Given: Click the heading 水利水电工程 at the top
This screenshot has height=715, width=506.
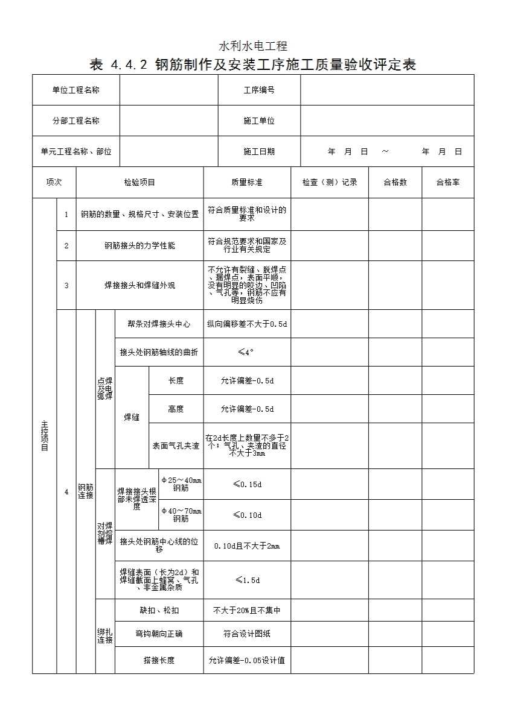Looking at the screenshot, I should click(x=252, y=46).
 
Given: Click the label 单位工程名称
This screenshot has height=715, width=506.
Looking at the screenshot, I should click(x=75, y=90).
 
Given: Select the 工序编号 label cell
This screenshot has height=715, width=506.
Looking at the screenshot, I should click(x=259, y=90).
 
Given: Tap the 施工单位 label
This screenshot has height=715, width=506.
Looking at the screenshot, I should click(x=259, y=121).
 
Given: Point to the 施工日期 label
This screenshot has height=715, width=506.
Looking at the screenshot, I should click(x=259, y=151).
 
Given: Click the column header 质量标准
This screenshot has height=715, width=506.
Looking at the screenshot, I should click(x=246, y=182).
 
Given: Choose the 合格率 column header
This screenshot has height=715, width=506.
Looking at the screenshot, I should click(x=447, y=182).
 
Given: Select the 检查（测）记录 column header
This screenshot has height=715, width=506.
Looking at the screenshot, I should click(x=330, y=182).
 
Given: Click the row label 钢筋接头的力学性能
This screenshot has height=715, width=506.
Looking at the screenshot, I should click(x=139, y=245).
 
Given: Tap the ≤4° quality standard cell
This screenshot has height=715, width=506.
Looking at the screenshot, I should click(x=246, y=352).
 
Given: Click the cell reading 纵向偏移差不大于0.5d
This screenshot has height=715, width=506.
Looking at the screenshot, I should click(x=246, y=324).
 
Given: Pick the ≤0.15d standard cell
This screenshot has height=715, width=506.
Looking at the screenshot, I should click(x=246, y=484).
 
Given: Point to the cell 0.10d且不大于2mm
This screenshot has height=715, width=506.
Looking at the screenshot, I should click(x=246, y=546).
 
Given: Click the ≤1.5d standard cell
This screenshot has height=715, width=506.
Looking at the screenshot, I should click(x=246, y=580).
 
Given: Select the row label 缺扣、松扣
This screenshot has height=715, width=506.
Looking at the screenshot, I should click(x=159, y=610).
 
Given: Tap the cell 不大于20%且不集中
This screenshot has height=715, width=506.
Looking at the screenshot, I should click(x=246, y=610).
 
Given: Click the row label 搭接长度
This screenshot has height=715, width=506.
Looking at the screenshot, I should click(x=159, y=660).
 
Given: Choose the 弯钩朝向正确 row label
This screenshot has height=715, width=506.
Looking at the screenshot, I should click(x=159, y=634).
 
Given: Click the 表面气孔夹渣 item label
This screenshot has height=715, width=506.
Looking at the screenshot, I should click(x=176, y=446).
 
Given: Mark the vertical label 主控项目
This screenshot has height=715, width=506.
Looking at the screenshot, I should click(x=44, y=435).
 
